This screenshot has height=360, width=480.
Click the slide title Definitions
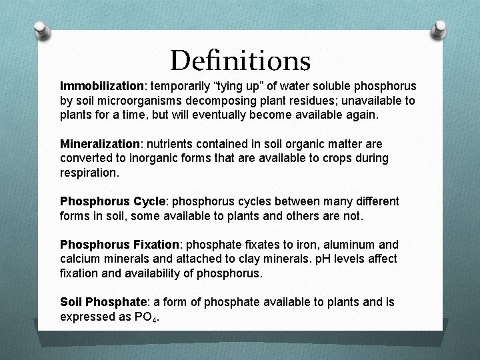point(240,61)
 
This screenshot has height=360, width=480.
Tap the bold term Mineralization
point(100,144)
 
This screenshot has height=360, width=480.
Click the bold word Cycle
point(153,201)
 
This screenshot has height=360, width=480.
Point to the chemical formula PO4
point(146,317)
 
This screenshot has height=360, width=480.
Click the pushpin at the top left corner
point(41,30)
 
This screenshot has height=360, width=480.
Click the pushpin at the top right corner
point(439,29)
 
